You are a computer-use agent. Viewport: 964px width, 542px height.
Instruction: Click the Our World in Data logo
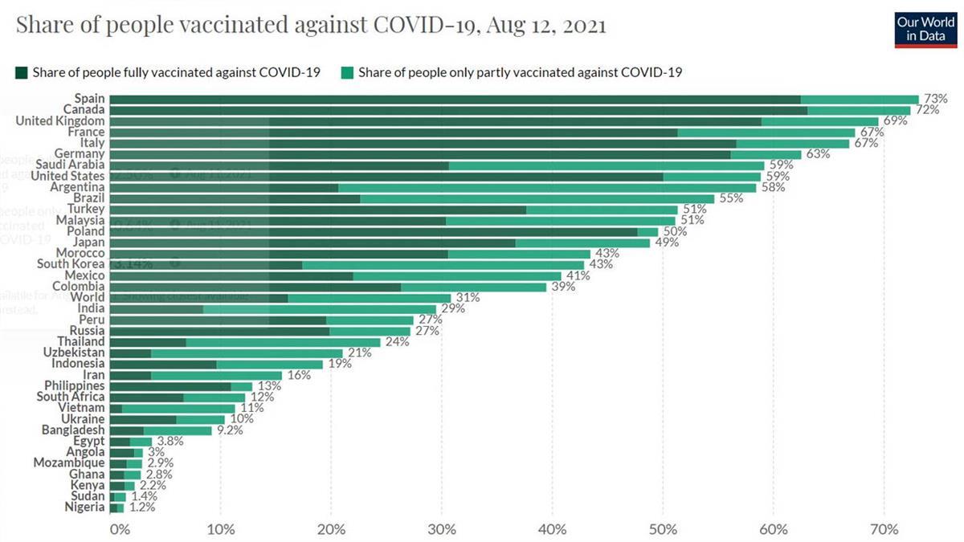[926, 28]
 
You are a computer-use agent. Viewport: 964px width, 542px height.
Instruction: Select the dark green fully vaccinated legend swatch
[22, 73]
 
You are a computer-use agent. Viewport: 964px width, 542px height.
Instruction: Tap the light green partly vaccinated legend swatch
[349, 73]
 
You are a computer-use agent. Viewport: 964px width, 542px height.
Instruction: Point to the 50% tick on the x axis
[663, 529]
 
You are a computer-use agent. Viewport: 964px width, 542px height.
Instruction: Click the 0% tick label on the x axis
[119, 529]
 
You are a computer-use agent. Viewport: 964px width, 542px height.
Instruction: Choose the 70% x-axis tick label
[884, 529]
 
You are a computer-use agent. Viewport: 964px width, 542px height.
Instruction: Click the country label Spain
[88, 99]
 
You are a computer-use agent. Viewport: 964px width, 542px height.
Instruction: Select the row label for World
[88, 297]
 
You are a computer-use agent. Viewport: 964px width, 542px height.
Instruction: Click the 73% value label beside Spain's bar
[933, 99]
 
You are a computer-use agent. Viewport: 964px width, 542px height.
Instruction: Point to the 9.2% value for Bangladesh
[228, 430]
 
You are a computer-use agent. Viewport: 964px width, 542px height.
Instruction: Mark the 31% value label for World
[467, 297]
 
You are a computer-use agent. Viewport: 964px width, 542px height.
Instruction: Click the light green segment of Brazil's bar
[537, 198]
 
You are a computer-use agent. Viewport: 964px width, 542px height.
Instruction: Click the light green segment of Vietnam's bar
[178, 408]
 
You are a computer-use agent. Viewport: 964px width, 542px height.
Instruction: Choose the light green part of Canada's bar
[859, 110]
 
